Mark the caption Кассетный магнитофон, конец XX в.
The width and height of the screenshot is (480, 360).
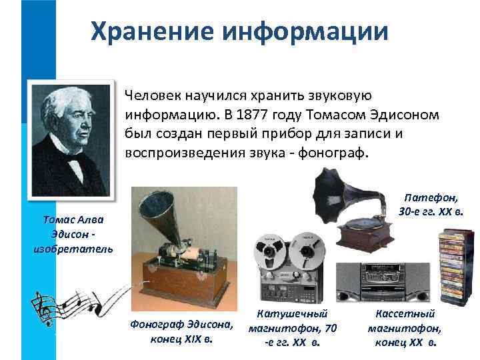pos(404,327)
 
